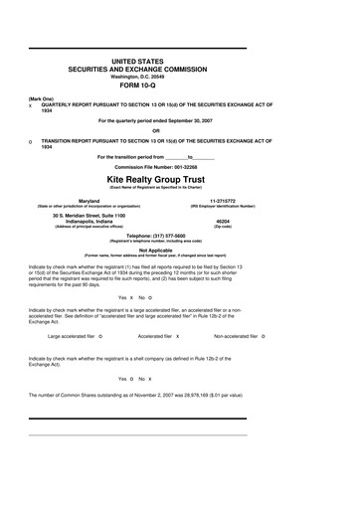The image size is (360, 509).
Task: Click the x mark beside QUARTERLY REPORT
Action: point(31,105)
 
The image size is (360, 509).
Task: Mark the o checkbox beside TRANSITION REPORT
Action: point(31,141)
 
